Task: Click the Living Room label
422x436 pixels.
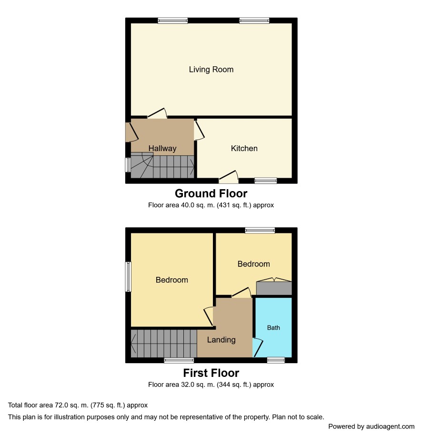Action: point(211,69)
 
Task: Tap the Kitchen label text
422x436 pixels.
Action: point(244,148)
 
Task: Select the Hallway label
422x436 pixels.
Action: point(162,148)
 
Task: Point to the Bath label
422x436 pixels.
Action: point(273,327)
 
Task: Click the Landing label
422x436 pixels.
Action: point(221,340)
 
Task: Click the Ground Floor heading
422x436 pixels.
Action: point(211,193)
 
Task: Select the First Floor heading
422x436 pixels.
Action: point(211,373)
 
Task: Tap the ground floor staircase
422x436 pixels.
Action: point(162,165)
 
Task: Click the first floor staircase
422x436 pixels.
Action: point(164,344)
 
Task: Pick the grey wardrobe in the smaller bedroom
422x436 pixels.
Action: point(274,288)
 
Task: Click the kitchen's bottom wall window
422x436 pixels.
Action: point(266,181)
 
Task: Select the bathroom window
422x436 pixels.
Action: point(276,360)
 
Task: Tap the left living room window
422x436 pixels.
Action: point(172,20)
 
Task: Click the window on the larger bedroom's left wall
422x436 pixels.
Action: point(128,277)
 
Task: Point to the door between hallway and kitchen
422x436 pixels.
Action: point(199,130)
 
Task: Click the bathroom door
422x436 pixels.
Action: point(258,347)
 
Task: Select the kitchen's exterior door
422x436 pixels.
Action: point(229,177)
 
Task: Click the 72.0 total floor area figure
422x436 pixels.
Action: point(60,405)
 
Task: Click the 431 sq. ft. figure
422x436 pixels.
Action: point(234,205)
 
